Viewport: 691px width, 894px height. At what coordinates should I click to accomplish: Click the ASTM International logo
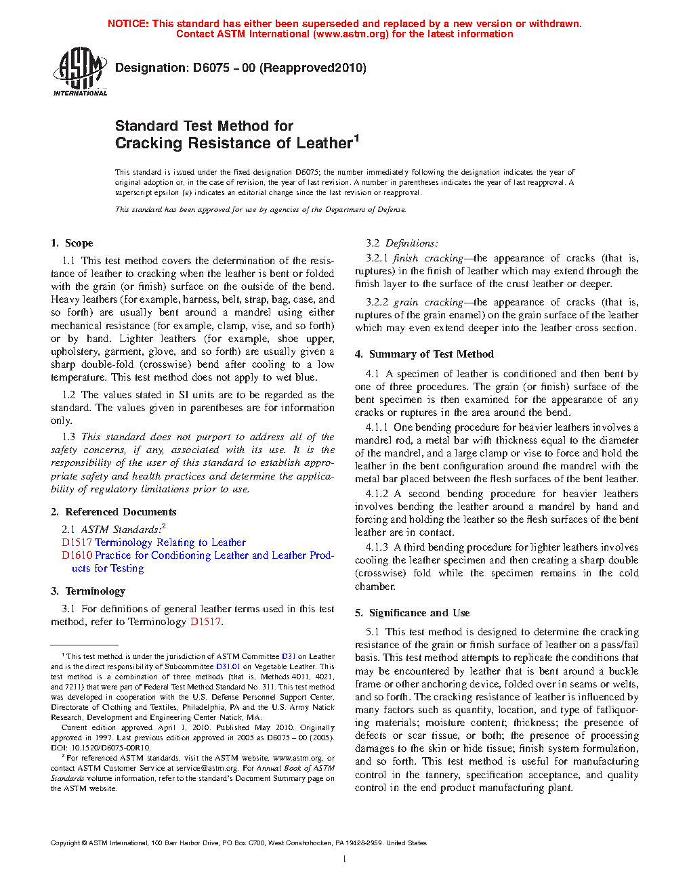pyautogui.click(x=80, y=71)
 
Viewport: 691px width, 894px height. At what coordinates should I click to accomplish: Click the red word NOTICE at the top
pyautogui.click(x=128, y=24)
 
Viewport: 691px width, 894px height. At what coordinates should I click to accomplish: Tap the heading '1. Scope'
pyautogui.click(x=72, y=243)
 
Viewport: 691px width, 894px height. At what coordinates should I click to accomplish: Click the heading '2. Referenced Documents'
pyautogui.click(x=114, y=512)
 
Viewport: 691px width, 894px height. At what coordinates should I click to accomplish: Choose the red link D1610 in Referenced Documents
pyautogui.click(x=77, y=555)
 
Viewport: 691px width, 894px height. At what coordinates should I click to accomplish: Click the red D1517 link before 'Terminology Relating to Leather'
pyautogui.click(x=77, y=542)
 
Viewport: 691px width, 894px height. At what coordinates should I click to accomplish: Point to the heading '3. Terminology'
pyautogui.click(x=88, y=591)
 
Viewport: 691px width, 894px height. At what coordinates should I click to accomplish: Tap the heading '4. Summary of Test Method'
pyautogui.click(x=424, y=354)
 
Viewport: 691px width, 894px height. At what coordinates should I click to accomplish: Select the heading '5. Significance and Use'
pyautogui.click(x=412, y=613)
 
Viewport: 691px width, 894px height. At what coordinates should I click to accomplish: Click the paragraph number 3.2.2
pyautogui.click(x=377, y=302)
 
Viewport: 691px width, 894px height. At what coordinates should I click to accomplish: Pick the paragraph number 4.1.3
pyautogui.click(x=377, y=547)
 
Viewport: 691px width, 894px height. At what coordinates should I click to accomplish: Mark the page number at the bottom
pyautogui.click(x=345, y=859)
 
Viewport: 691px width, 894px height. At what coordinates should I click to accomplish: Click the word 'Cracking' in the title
pyautogui.click(x=148, y=144)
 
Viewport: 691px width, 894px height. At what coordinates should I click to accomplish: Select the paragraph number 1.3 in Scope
pyautogui.click(x=68, y=437)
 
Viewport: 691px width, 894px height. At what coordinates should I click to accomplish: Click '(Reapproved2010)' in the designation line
pyautogui.click(x=313, y=68)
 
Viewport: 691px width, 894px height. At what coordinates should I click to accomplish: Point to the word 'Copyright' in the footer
pyautogui.click(x=65, y=843)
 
